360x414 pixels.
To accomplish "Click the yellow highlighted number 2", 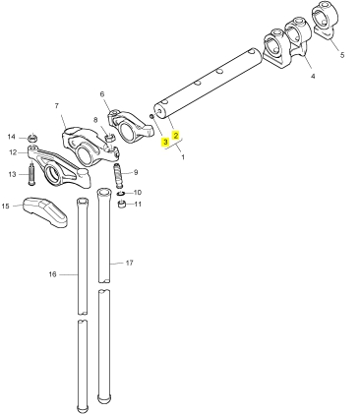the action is (176, 135).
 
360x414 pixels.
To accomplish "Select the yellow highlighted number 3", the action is (165, 142).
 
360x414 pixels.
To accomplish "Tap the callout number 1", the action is (183, 157).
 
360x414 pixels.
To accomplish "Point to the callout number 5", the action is (342, 55).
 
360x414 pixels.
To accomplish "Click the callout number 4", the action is (313, 76).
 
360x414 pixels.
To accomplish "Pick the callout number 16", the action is (53, 274).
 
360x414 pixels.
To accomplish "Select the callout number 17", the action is (130, 263).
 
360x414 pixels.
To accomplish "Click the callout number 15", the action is (6, 206).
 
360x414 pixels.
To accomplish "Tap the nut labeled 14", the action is (32, 138).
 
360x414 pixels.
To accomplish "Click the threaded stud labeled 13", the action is (31, 174).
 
